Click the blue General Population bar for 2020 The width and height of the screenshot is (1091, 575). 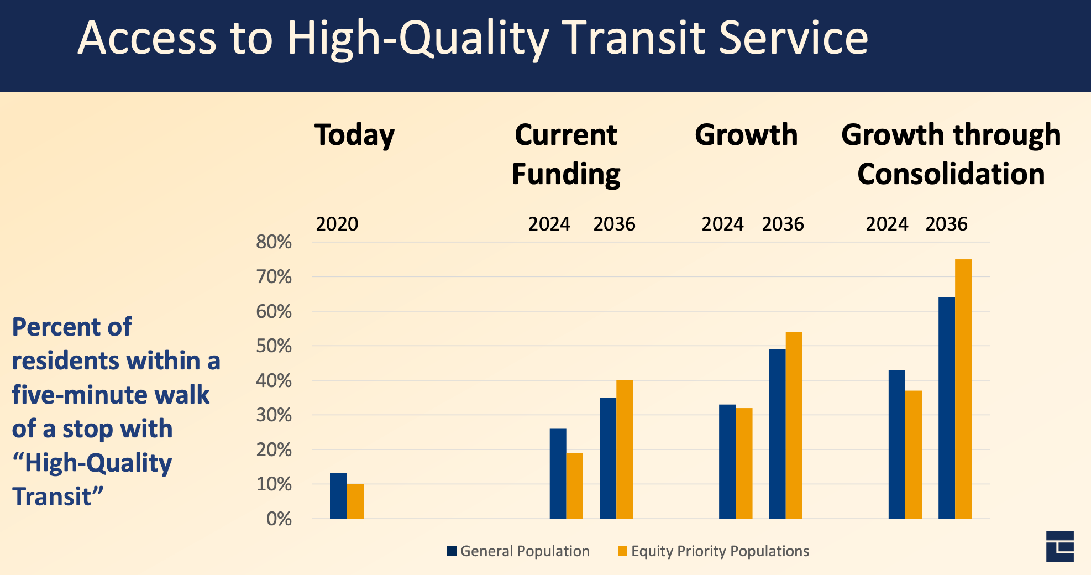pyautogui.click(x=338, y=496)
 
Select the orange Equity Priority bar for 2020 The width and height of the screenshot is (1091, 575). pyautogui.click(x=355, y=501)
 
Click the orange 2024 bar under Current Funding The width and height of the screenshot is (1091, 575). pyautogui.click(x=574, y=486)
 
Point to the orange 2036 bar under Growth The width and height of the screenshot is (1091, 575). pyautogui.click(x=794, y=425)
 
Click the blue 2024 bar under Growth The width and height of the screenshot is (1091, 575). pyautogui.click(x=727, y=462)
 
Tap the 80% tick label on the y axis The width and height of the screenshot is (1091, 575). pyautogui.click(x=274, y=242)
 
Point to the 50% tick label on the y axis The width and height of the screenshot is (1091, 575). pyautogui.click(x=274, y=346)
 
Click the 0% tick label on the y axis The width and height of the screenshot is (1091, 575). pyautogui.click(x=279, y=519)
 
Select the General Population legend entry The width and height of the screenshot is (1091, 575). pyautogui.click(x=518, y=551)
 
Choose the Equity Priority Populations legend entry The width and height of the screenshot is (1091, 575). pyautogui.click(x=713, y=551)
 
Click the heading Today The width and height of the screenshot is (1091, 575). pyautogui.click(x=354, y=135)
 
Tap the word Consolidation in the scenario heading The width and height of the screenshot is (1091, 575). pyautogui.click(x=951, y=174)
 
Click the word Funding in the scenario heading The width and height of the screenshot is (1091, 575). pyautogui.click(x=566, y=174)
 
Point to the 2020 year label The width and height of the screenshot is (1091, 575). pyautogui.click(x=337, y=224)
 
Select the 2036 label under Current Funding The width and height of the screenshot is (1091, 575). pyautogui.click(x=614, y=224)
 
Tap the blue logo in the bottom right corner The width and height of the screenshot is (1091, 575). pyautogui.click(x=1059, y=547)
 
